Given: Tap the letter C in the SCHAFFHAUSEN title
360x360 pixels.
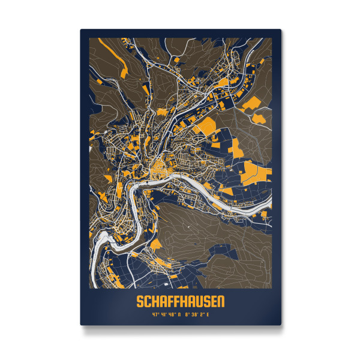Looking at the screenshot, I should click(146, 299).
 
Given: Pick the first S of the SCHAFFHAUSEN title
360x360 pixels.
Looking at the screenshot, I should click(140, 299).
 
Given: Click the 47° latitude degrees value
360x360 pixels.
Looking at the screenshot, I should click(155, 313).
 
